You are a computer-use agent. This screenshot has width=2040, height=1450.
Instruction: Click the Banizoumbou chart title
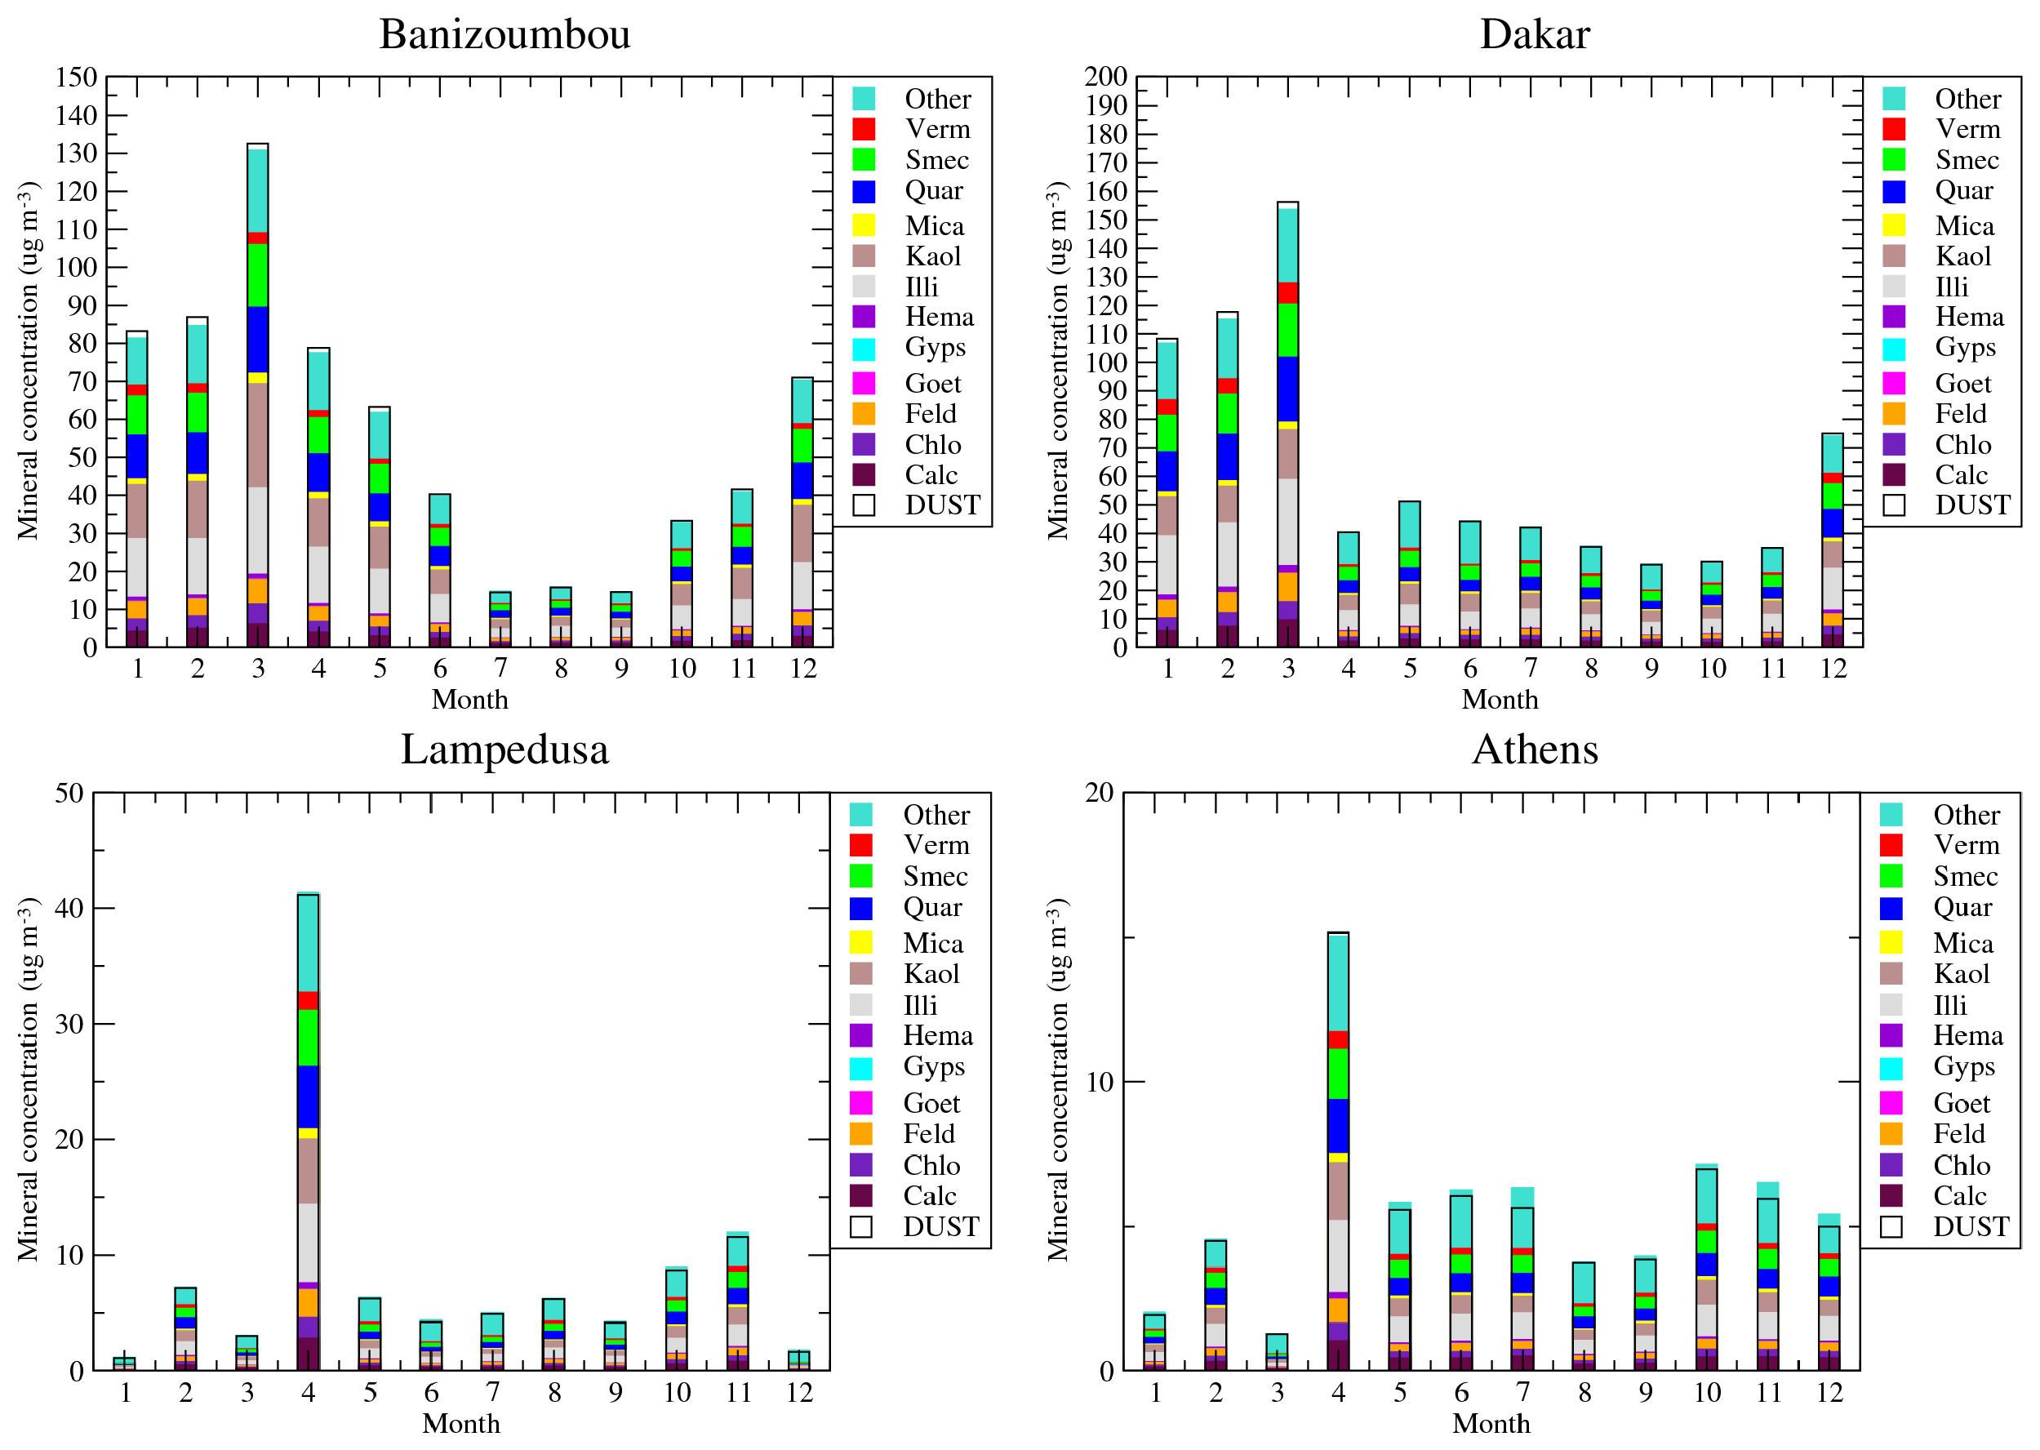coord(504,34)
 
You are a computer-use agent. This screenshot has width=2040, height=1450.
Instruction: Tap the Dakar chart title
coord(1534,34)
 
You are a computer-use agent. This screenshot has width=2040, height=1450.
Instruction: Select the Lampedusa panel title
coord(504,749)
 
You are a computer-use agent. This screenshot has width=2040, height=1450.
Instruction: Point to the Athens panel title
coord(1534,749)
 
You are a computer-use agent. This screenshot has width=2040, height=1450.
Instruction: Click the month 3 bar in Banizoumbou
coord(258,398)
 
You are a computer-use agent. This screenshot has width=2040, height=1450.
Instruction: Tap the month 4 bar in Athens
coord(1337,1152)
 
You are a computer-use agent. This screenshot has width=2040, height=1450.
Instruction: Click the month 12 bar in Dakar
coord(1832,541)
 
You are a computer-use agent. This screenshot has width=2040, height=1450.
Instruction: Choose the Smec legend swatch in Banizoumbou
coord(864,160)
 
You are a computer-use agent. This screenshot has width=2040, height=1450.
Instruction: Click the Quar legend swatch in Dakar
coord(1894,191)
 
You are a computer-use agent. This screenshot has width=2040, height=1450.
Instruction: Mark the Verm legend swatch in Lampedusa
coord(860,845)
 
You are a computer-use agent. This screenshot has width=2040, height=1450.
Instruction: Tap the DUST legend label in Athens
coord(1971,1227)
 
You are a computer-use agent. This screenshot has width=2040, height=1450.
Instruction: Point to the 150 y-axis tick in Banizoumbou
coord(77,77)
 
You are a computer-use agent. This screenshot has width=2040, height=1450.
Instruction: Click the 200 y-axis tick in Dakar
coord(1106,77)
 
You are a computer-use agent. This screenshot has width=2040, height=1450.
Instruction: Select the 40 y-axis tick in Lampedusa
coord(69,909)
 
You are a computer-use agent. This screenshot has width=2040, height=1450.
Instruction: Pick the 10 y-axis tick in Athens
coord(1099,1082)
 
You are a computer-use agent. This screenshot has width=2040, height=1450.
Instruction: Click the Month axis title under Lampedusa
coord(460,1423)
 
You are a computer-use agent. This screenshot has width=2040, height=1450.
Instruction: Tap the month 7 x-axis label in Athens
coord(1522,1392)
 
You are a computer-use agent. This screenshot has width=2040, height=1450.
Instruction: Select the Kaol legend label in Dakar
coord(1962,256)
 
